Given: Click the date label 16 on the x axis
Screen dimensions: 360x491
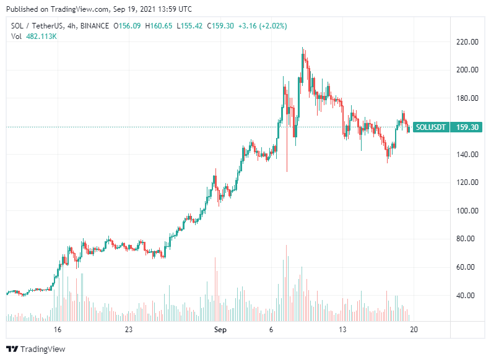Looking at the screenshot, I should pyautogui.click(x=58, y=330).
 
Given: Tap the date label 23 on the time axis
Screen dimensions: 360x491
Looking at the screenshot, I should pyautogui.click(x=129, y=330).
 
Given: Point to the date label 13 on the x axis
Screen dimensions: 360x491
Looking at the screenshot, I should pyautogui.click(x=343, y=330).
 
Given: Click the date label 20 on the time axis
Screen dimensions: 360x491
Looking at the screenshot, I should pyautogui.click(x=414, y=330).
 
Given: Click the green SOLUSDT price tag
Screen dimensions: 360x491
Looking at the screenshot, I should pyautogui.click(x=430, y=127).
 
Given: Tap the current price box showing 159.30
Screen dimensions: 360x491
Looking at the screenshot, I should pyautogui.click(x=467, y=127).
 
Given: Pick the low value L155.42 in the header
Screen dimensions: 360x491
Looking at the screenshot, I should pyautogui.click(x=190, y=26).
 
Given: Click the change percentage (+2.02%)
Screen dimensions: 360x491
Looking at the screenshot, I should pyautogui.click(x=274, y=26).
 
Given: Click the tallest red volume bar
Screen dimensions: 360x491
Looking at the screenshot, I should pyautogui.click(x=287, y=283).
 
